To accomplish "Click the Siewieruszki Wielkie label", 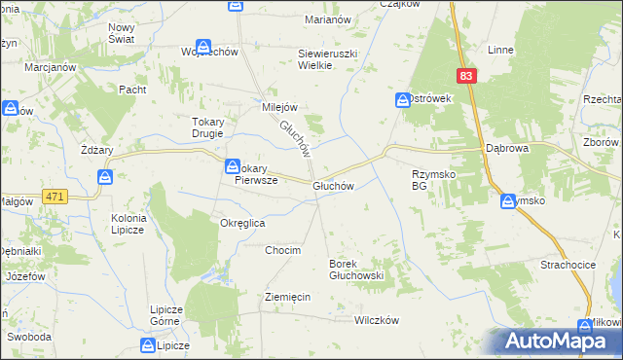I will pyautogui.click(x=329, y=59).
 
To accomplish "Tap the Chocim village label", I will pyautogui.click(x=283, y=250).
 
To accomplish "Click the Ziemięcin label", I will pyautogui.click(x=287, y=297).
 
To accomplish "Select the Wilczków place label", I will pyautogui.click(x=378, y=320).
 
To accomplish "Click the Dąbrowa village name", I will pyautogui.click(x=506, y=149).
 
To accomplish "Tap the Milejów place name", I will pyautogui.click(x=279, y=107).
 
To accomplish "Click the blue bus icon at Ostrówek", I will pyautogui.click(x=403, y=100).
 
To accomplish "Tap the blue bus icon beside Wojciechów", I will pyautogui.click(x=203, y=46).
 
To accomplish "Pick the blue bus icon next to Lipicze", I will pyautogui.click(x=148, y=345).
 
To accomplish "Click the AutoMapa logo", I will pyautogui.click(x=550, y=341).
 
